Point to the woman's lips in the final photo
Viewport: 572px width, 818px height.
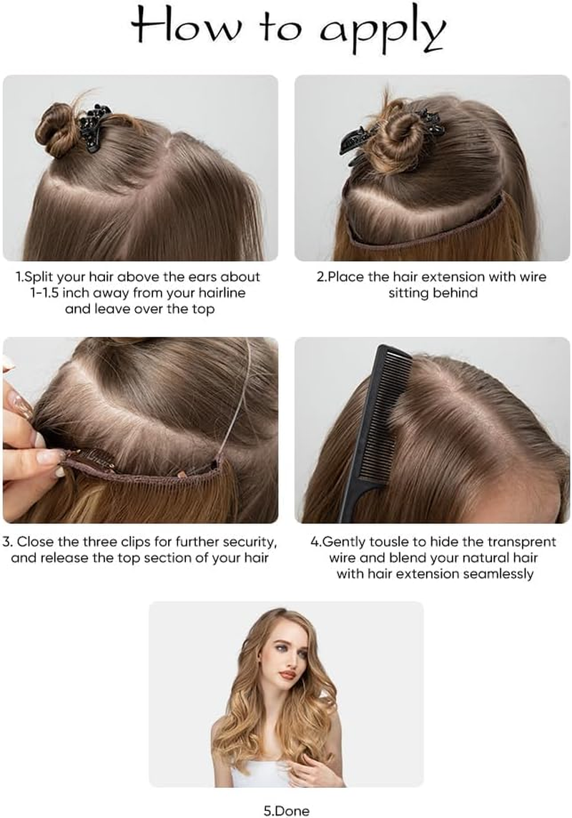[x=287, y=674]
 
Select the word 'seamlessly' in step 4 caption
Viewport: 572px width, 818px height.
[x=493, y=573]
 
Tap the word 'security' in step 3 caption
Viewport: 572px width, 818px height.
[x=248, y=541]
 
